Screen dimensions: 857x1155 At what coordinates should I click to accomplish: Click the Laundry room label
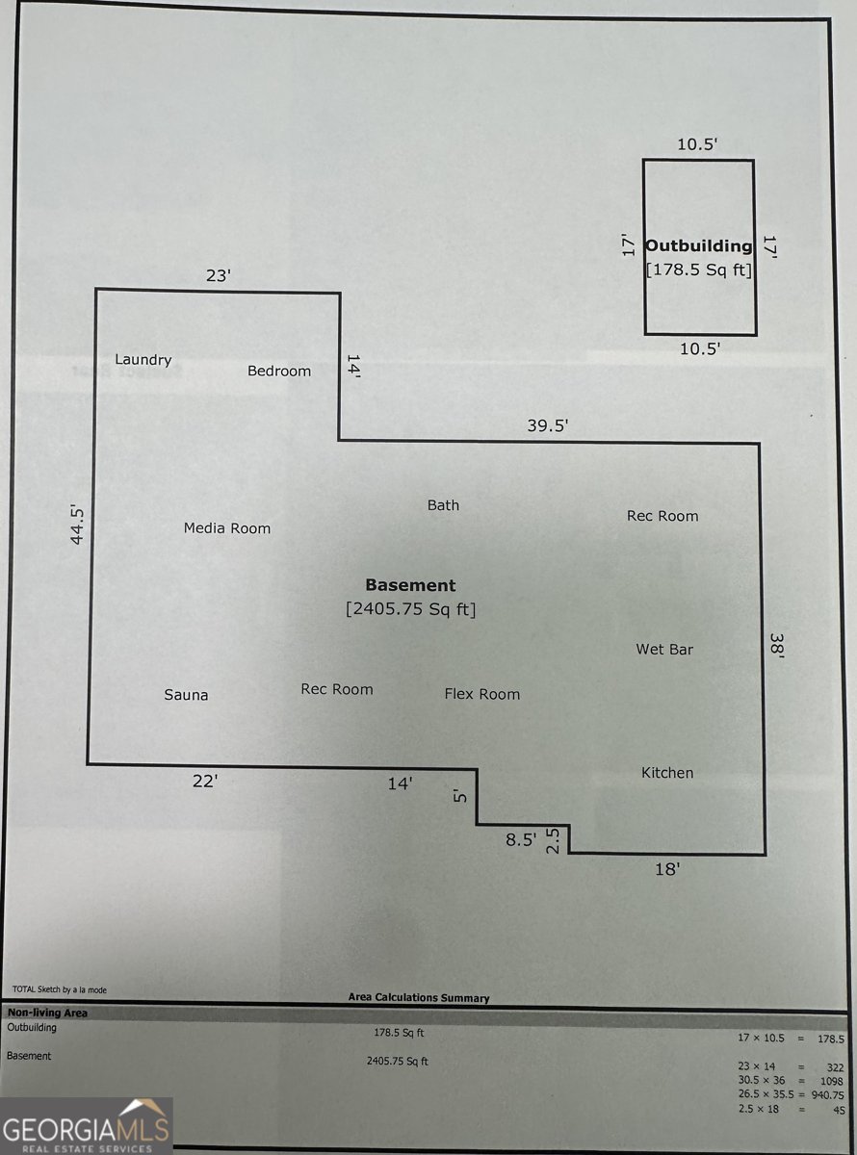click(143, 360)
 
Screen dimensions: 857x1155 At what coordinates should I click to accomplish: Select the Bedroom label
click(279, 371)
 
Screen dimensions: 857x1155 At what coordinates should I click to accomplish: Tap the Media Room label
click(227, 528)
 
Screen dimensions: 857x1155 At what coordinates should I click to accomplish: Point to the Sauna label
click(186, 695)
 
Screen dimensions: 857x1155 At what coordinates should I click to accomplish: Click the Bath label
click(443, 505)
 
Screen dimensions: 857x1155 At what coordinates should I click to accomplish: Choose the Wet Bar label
click(664, 650)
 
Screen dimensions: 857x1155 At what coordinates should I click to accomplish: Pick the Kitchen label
click(667, 773)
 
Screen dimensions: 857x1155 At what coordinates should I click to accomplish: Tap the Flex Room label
click(481, 694)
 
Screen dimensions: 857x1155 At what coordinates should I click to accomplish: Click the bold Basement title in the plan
click(410, 585)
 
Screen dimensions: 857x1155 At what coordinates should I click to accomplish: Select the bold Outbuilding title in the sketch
click(699, 245)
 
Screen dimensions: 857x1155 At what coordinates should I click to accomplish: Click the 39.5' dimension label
click(548, 425)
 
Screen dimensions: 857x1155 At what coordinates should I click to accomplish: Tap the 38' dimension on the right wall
click(777, 643)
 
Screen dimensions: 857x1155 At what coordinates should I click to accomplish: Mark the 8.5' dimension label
click(521, 839)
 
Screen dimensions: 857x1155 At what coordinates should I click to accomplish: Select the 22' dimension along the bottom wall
click(205, 782)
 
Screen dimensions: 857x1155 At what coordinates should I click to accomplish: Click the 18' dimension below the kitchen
click(667, 868)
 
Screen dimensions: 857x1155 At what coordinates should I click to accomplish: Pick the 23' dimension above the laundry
click(219, 275)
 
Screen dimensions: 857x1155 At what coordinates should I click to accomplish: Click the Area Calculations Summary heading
click(419, 998)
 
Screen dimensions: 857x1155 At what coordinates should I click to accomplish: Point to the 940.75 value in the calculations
click(828, 1094)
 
